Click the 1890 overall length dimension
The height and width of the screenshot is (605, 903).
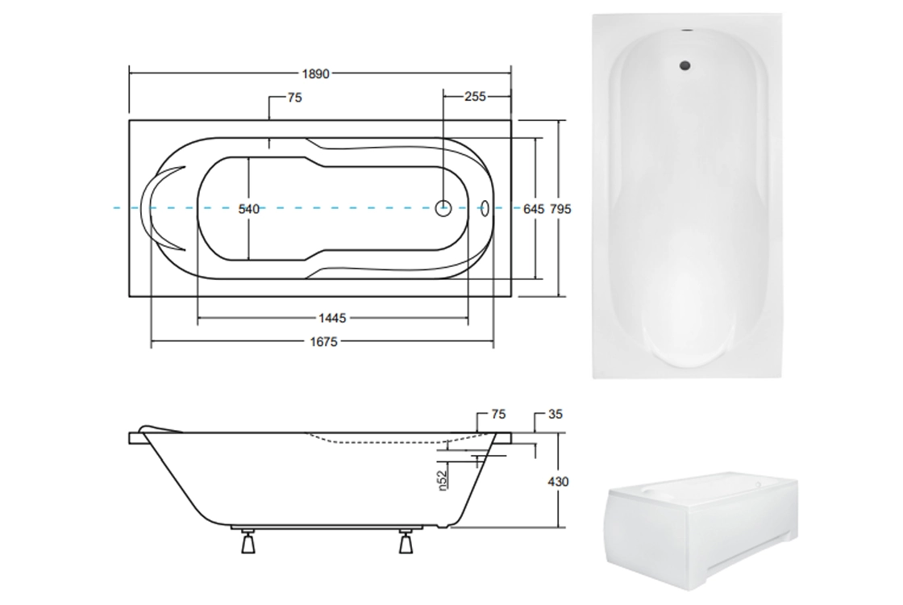[315, 73]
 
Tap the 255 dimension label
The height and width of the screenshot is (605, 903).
[475, 97]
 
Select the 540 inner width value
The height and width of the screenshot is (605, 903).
[249, 209]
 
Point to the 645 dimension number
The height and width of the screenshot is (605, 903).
[533, 209]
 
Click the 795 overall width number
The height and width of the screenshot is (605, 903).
[560, 209]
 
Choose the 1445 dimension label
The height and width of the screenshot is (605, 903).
[332, 318]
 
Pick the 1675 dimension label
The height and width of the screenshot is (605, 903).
[323, 342]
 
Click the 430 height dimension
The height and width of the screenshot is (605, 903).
[557, 482]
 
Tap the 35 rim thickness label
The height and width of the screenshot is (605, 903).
[556, 415]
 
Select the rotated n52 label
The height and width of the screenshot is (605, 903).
[443, 481]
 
